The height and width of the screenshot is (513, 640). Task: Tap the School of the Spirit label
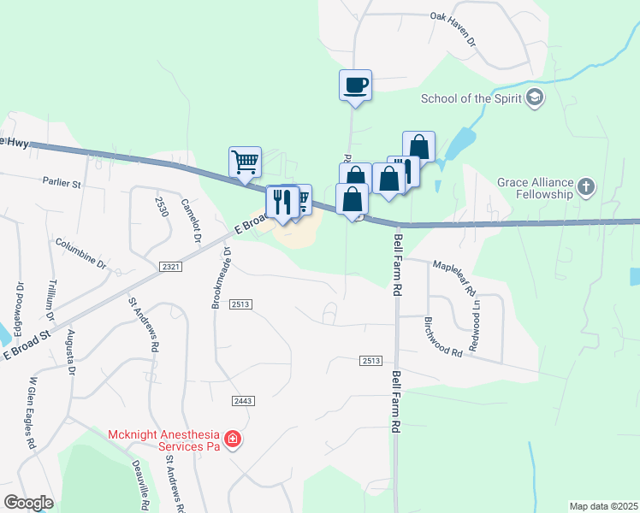[x=471, y=98]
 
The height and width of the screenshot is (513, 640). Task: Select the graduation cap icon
[x=536, y=97]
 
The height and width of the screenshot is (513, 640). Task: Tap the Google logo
[x=28, y=503]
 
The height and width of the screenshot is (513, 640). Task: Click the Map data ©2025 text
[x=603, y=506]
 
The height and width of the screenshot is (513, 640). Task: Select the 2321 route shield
[x=171, y=268]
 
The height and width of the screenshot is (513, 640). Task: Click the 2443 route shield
[x=243, y=400]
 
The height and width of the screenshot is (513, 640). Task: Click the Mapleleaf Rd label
[x=453, y=278]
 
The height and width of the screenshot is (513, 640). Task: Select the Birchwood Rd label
[x=443, y=337]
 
